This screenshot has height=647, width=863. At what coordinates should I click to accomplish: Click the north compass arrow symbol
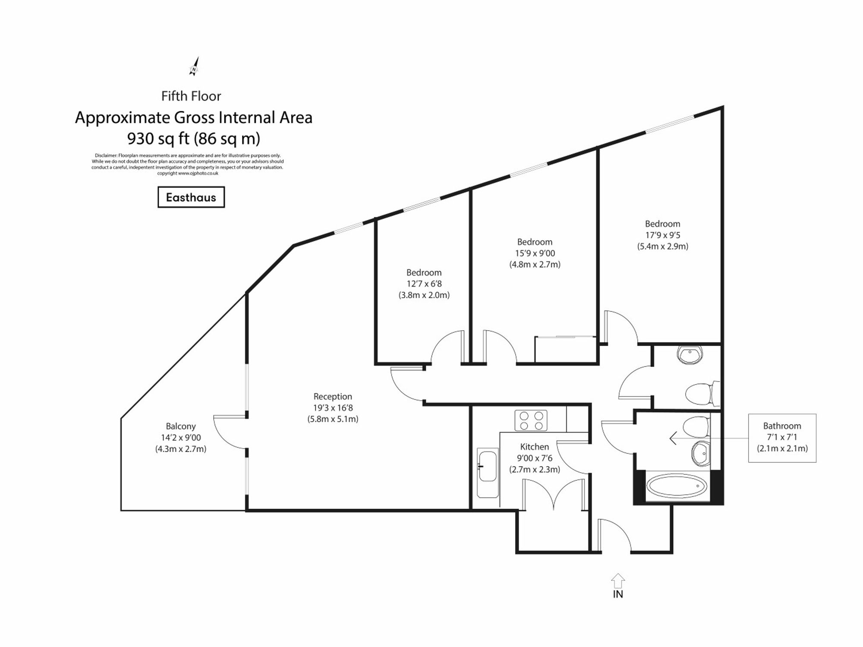tap(195, 67)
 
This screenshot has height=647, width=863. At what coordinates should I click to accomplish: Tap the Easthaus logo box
tap(191, 197)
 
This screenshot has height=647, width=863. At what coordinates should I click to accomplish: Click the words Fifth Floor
tap(191, 96)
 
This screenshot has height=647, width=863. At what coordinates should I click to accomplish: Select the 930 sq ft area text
tap(194, 139)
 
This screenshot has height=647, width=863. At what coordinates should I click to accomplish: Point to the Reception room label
tap(333, 396)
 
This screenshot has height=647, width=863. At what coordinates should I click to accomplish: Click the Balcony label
tap(181, 426)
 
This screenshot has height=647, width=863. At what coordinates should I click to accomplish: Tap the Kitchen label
tap(535, 447)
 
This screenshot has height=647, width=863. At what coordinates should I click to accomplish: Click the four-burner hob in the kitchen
tap(531, 421)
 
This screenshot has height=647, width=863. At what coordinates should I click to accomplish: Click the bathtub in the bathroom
tap(677, 486)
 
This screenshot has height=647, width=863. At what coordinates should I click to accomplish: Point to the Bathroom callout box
tap(782, 438)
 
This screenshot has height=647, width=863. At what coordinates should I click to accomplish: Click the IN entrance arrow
tap(618, 581)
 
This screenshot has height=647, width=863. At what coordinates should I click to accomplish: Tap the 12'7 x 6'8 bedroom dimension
tap(424, 284)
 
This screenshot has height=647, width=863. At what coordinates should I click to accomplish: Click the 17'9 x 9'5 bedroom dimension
tap(662, 235)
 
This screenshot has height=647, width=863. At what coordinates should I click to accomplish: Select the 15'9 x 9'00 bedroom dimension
tap(535, 253)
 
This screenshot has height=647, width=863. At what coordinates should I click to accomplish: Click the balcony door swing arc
tap(224, 434)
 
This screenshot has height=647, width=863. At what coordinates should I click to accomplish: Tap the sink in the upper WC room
tap(690, 354)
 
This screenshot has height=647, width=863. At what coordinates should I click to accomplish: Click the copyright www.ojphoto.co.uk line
tap(188, 174)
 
